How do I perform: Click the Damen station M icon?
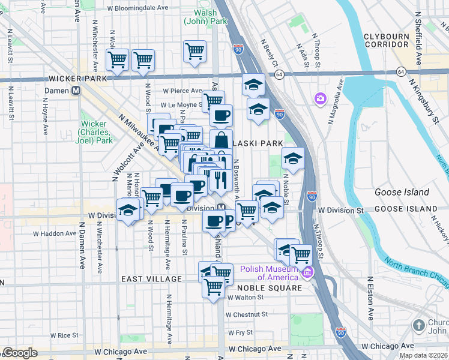76,91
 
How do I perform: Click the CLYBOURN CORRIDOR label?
386,40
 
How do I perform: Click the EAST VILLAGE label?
151,279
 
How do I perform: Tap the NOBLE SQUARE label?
262,288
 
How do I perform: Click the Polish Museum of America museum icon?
308,274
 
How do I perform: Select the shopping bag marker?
221,140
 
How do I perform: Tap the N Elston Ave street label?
370,299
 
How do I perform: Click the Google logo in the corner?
20,353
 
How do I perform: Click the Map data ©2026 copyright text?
423,355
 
